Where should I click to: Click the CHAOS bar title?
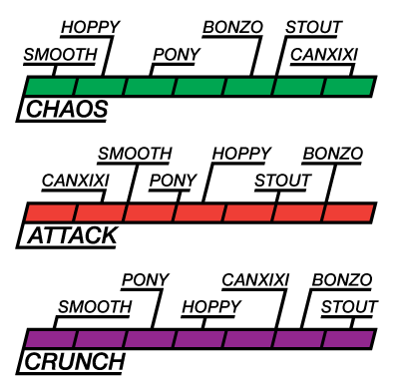coord(67,109)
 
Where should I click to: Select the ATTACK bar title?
coord(72,235)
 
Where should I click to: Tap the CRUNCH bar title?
coord(75,362)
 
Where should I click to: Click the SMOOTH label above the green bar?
coord(60,55)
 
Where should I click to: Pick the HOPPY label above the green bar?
coord(91,27)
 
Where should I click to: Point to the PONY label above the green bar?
coord(177,55)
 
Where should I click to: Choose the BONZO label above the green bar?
coord(232,27)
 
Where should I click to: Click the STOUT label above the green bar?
coord(313,27)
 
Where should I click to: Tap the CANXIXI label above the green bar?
coord(324,55)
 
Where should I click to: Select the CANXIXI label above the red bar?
coord(76,181)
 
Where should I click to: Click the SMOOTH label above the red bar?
coord(135,154)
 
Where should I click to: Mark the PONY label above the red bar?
coord(173,181)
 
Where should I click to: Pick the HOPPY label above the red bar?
coord(241,154)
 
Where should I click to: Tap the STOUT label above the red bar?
coord(282,181)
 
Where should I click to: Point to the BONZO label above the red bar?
coord(333,154)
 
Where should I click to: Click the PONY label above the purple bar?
coord(146,280)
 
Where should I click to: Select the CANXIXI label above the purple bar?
coord(255,280)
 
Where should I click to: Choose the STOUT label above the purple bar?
coord(349,307)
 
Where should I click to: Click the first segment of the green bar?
coord(51,87)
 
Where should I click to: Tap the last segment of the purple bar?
coord(348,339)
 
